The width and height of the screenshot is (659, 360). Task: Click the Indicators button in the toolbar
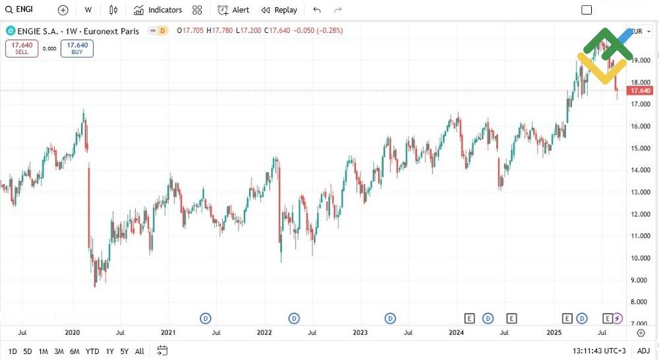(158, 10)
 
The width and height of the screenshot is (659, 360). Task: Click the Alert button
(234, 10)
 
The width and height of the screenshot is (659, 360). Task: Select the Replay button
(279, 10)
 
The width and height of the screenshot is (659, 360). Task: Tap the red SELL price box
(22, 48)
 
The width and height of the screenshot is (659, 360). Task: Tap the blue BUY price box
(77, 48)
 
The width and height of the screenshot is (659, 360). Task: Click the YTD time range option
(92, 351)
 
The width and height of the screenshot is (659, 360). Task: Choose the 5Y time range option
(124, 351)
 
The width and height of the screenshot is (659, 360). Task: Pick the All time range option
(139, 351)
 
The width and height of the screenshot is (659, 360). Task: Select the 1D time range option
(13, 351)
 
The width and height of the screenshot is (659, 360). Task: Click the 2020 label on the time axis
(72, 333)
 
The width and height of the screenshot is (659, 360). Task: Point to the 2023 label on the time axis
(360, 333)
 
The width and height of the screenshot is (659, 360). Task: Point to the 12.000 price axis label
(641, 214)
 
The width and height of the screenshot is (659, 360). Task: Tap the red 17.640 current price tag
(641, 90)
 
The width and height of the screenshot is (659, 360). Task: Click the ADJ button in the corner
(643, 351)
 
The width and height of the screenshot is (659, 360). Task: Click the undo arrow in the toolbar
(317, 10)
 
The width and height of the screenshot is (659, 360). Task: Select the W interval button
(88, 10)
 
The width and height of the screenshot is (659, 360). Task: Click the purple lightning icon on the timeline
(617, 318)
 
